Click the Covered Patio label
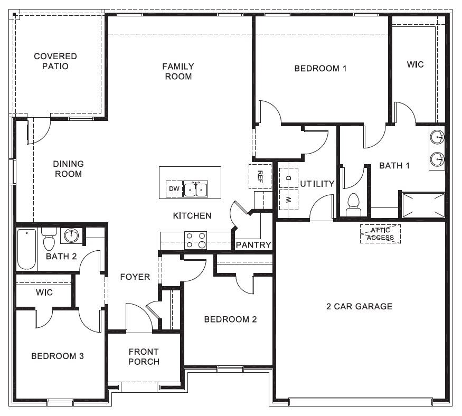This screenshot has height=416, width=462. [x=55, y=61]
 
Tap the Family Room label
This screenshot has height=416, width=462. [x=177, y=71]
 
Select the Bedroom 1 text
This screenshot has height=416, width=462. [x=320, y=68]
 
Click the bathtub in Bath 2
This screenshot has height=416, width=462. [x=26, y=249]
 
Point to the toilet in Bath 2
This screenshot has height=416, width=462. [x=49, y=241]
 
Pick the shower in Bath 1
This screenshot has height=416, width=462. [x=423, y=204]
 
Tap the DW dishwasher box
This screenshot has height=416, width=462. [x=174, y=189]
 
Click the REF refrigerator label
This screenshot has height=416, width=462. [x=260, y=175]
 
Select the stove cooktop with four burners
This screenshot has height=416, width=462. [x=195, y=240]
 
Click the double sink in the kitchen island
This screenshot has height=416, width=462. [x=195, y=188]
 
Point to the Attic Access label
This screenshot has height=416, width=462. [x=380, y=234]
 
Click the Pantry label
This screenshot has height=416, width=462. [x=253, y=245]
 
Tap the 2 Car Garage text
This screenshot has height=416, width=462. [x=359, y=306]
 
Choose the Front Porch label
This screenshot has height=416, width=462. [x=144, y=356]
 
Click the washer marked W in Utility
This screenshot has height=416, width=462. [x=289, y=200]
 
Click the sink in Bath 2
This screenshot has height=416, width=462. [x=71, y=235]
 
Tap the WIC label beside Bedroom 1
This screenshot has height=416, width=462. [x=415, y=64]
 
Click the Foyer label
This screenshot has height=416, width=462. [x=135, y=277]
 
